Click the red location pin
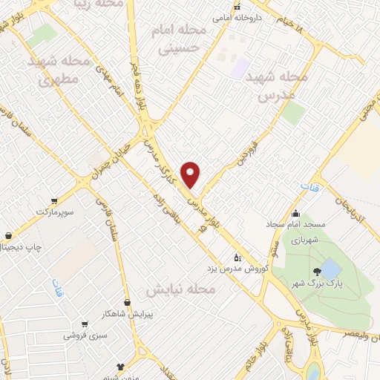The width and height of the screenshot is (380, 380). [191, 174]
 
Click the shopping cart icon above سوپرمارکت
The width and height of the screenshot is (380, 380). [54, 201]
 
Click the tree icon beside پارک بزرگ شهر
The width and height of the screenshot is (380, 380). [317, 271]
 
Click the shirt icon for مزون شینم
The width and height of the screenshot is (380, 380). [122, 366]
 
